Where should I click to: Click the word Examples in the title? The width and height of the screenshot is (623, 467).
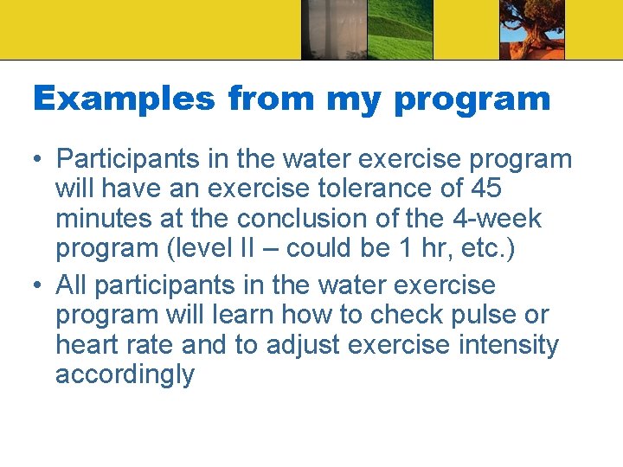coord(124,99)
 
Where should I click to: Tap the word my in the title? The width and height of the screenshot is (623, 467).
coord(355,99)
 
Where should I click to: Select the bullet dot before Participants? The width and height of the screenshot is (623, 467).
coord(39,160)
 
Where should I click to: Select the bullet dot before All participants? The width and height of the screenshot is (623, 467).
coord(39,285)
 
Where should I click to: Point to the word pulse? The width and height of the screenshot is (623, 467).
coord(502,315)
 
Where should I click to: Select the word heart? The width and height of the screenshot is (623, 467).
coord(88,345)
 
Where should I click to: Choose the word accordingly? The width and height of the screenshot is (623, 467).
coord(125,375)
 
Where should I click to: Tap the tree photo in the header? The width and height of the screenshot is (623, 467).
coord(531,29)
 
